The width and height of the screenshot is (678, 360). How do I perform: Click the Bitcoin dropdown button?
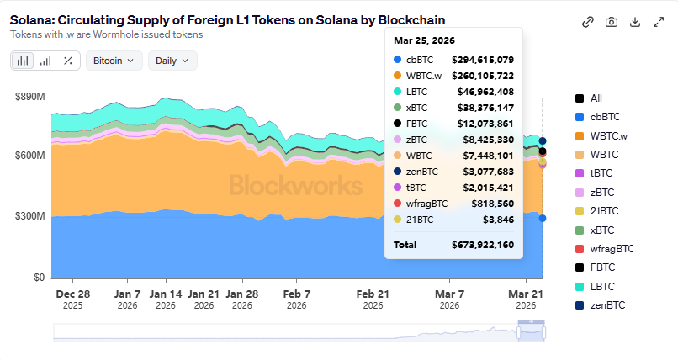click(113, 61)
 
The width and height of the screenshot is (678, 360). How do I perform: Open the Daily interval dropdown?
click(172, 61)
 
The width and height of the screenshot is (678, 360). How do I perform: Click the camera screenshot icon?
click(612, 22)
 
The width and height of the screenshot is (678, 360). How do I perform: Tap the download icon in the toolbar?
click(635, 22)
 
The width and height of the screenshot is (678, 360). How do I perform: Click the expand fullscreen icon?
click(659, 22)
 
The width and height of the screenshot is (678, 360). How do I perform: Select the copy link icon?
click(588, 22)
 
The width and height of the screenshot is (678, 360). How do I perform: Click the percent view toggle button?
click(67, 61)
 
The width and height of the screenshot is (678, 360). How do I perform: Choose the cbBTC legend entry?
click(607, 117)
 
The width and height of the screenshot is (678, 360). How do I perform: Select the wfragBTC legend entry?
click(612, 249)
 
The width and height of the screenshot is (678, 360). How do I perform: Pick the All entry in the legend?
click(596, 98)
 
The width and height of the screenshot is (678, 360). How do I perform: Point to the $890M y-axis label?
click(29, 98)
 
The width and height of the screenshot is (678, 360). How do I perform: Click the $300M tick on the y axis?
click(29, 216)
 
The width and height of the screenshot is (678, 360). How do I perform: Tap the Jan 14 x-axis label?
click(166, 294)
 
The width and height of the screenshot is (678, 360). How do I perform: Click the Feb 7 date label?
click(296, 294)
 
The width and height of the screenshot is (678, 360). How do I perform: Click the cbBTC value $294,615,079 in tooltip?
click(483, 60)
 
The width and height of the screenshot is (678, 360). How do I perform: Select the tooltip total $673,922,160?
click(483, 245)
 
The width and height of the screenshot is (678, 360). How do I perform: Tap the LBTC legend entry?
click(603, 287)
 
